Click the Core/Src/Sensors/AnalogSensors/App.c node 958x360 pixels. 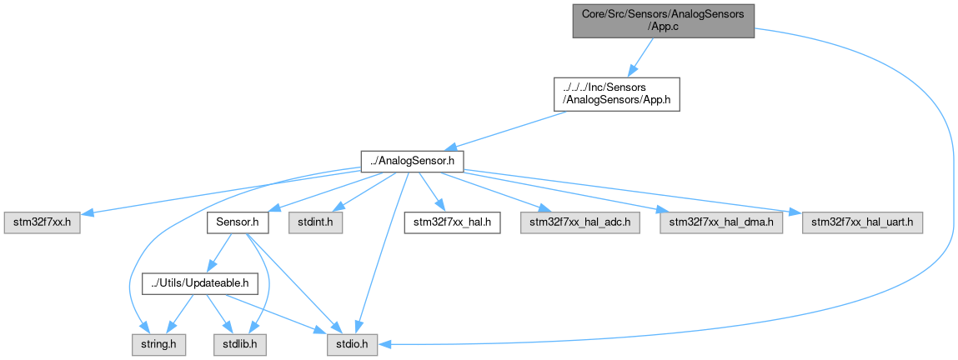coord(664,22)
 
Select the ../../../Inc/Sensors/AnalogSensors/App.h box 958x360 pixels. coord(616,94)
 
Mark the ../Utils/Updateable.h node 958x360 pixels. coord(200,283)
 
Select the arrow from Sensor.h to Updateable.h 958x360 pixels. coord(218,253)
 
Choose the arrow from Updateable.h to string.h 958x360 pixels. coord(179,314)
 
